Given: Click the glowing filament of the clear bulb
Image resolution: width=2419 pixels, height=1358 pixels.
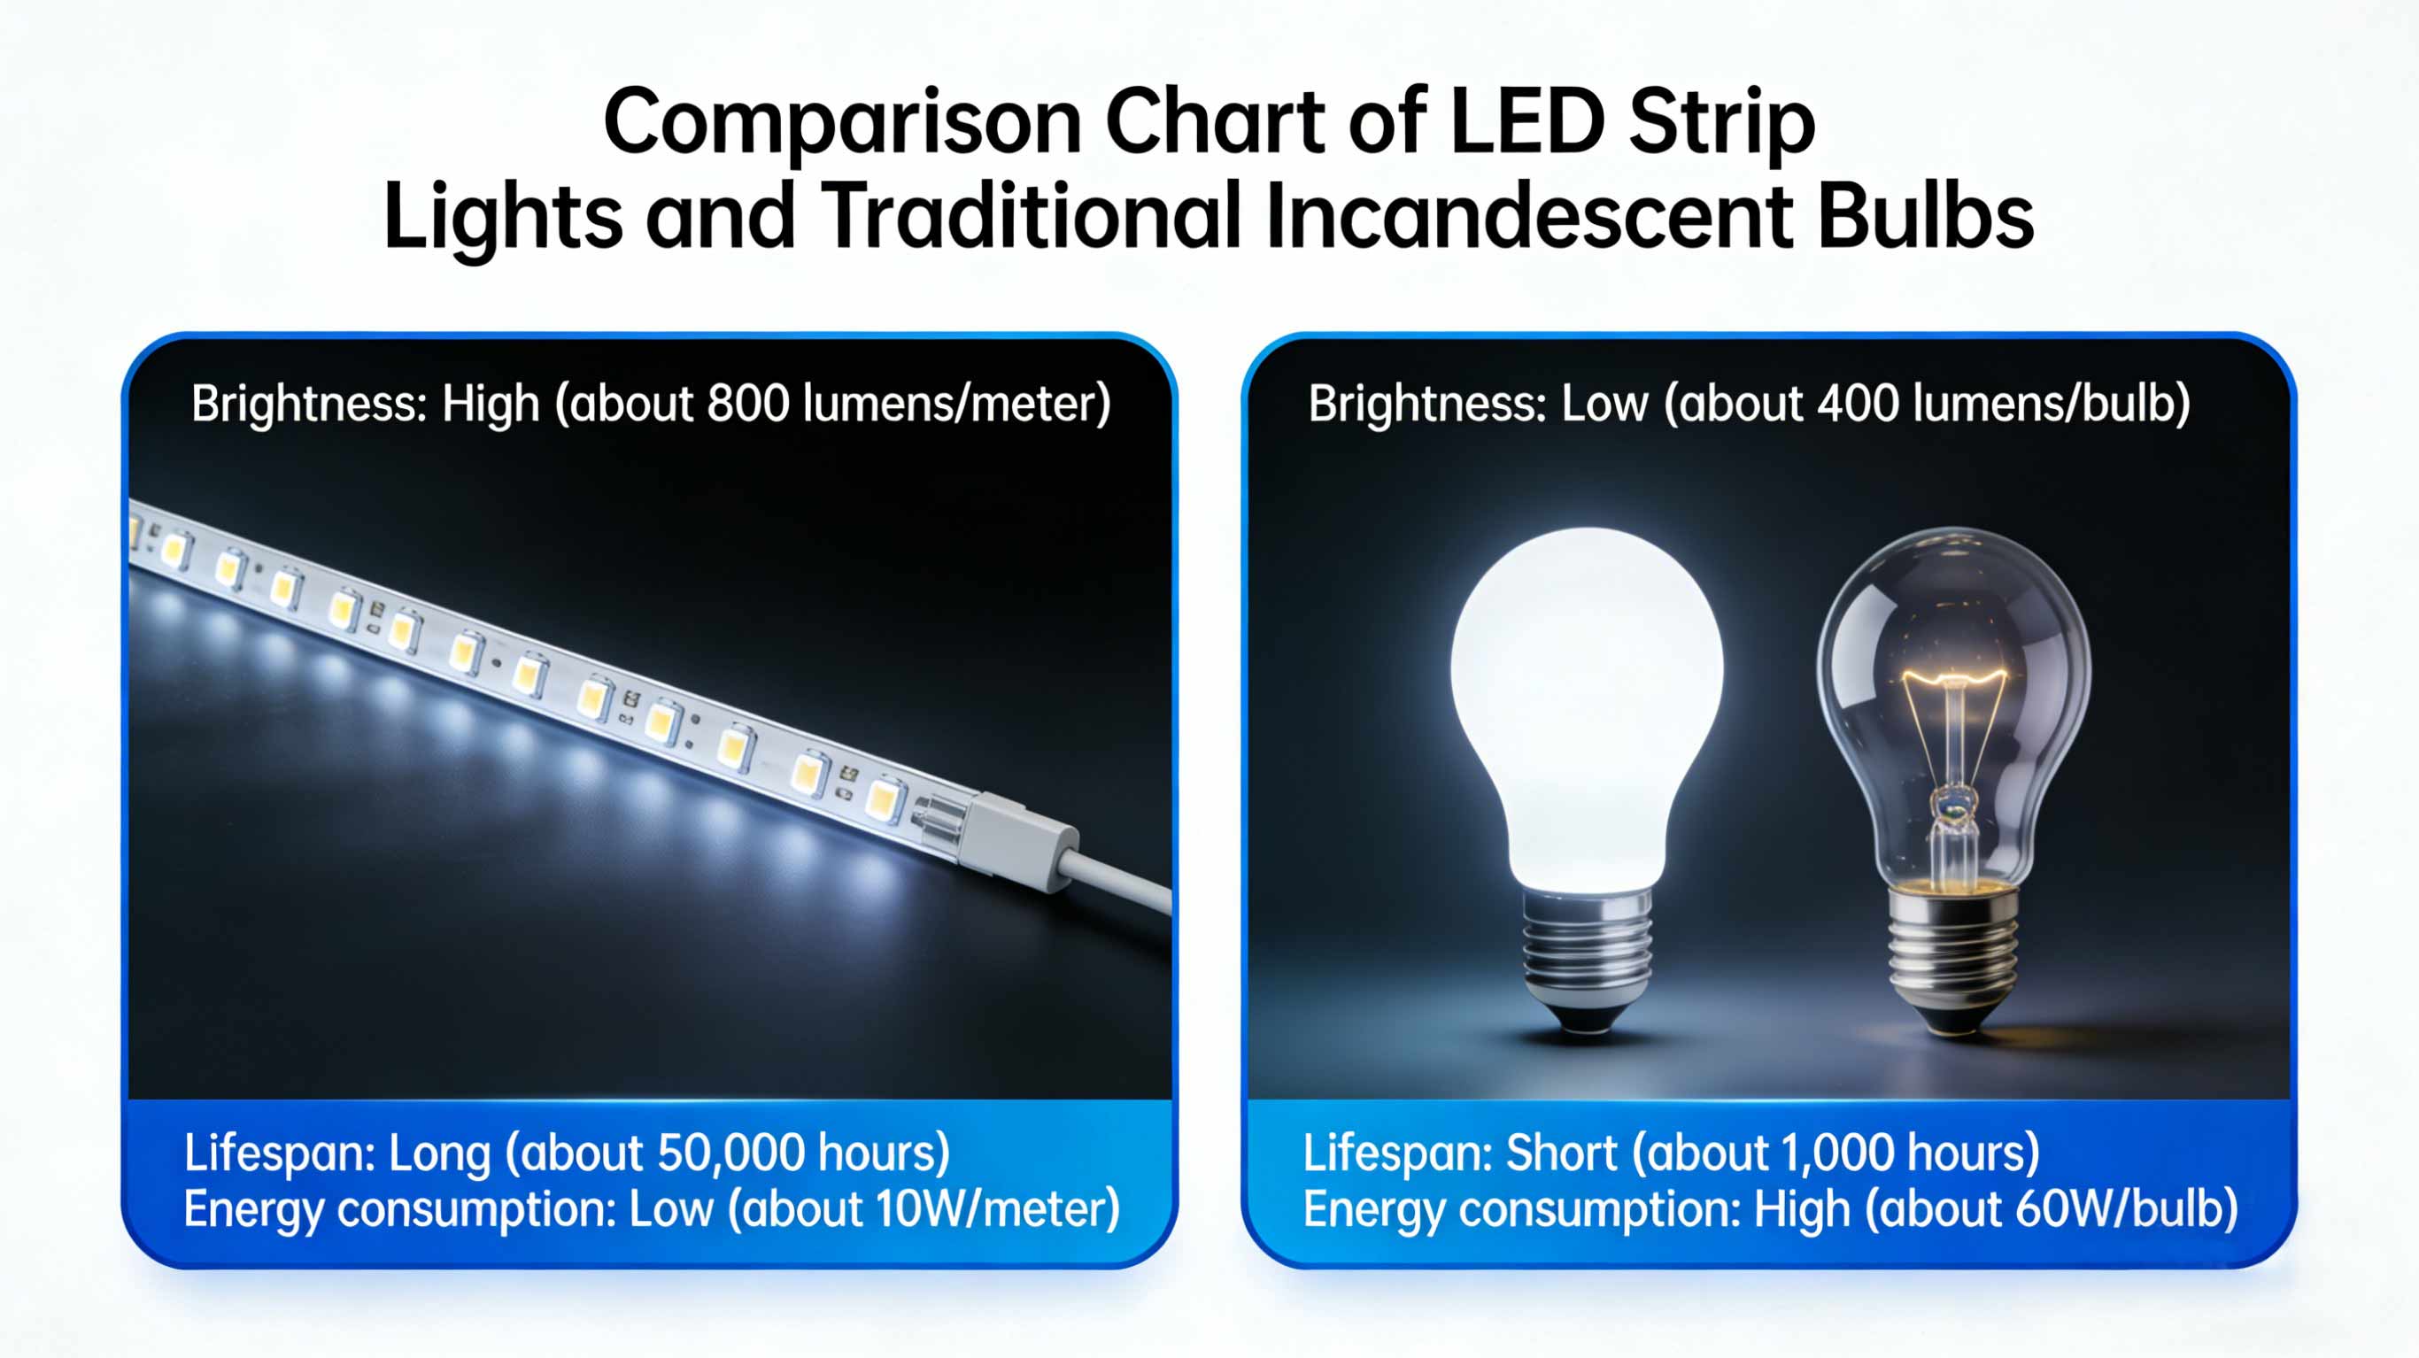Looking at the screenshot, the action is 1954,676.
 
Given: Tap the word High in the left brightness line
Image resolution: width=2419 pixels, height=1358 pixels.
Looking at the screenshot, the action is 491,404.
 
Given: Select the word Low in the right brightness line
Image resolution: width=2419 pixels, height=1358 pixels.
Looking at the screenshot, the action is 1604,404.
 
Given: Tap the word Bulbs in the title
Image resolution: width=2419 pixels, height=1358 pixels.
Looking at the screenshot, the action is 1925,217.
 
